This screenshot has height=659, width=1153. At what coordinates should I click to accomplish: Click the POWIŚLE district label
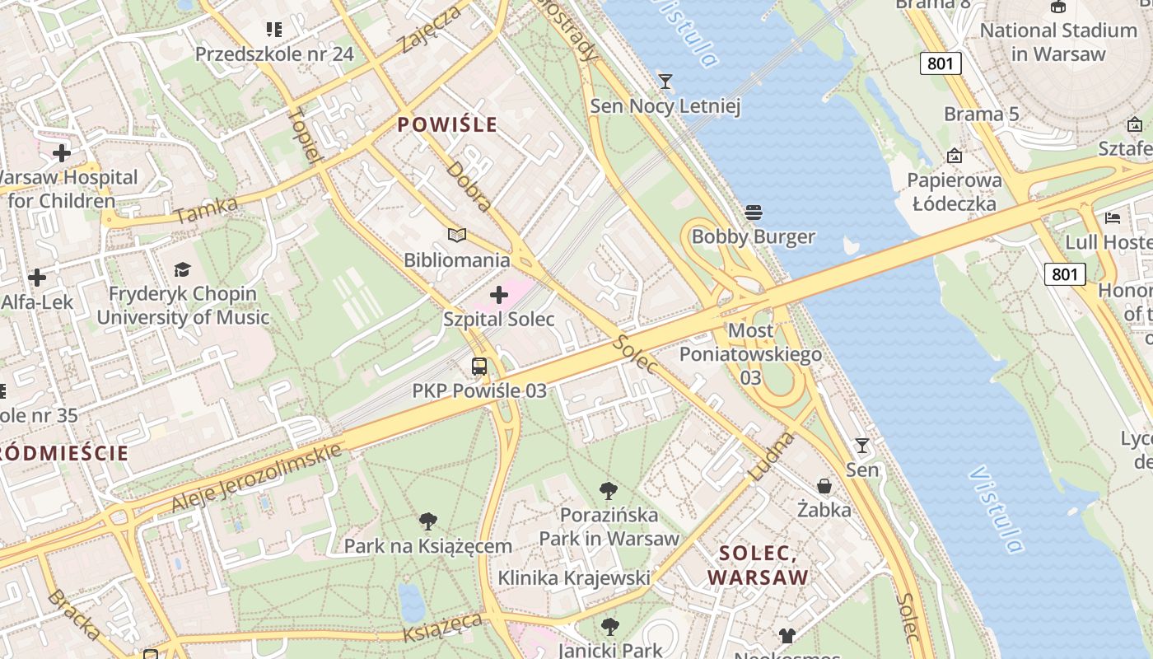447,124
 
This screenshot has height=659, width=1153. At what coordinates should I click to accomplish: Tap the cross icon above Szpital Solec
499,295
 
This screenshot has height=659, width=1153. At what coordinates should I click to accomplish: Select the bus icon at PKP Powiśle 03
479,366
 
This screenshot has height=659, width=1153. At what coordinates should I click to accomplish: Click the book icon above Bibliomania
457,236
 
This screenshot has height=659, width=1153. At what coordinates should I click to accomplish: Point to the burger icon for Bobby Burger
753,213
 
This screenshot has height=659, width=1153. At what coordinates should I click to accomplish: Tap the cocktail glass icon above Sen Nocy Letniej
665,81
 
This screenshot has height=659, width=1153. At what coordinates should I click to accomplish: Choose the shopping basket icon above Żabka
824,486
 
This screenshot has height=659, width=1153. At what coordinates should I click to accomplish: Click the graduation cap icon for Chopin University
182,269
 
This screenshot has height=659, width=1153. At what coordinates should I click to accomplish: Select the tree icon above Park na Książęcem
427,521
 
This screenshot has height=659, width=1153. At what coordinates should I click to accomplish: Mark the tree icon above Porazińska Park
609,491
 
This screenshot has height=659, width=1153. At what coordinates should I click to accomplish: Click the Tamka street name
207,210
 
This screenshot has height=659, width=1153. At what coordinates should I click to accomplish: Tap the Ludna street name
771,456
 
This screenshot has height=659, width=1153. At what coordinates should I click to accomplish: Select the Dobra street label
469,186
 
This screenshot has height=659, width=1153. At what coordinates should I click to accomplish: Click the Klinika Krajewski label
574,578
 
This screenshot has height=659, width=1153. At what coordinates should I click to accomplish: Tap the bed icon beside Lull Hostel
1113,218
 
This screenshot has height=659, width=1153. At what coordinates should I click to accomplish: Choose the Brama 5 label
981,114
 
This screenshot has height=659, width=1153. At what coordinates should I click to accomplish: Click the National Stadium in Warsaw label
1058,42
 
